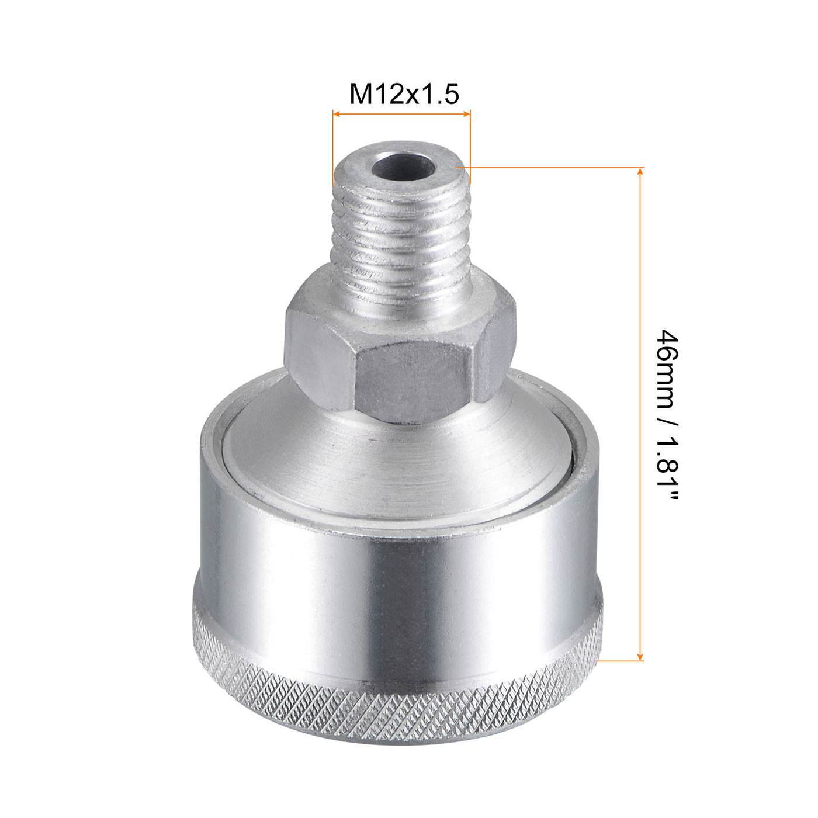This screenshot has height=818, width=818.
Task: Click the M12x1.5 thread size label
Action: (404, 93)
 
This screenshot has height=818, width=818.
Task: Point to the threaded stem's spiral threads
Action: (397, 234)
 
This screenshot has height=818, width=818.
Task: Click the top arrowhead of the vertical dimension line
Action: (641, 172)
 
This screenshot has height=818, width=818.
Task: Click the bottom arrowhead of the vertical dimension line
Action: (641, 657)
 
